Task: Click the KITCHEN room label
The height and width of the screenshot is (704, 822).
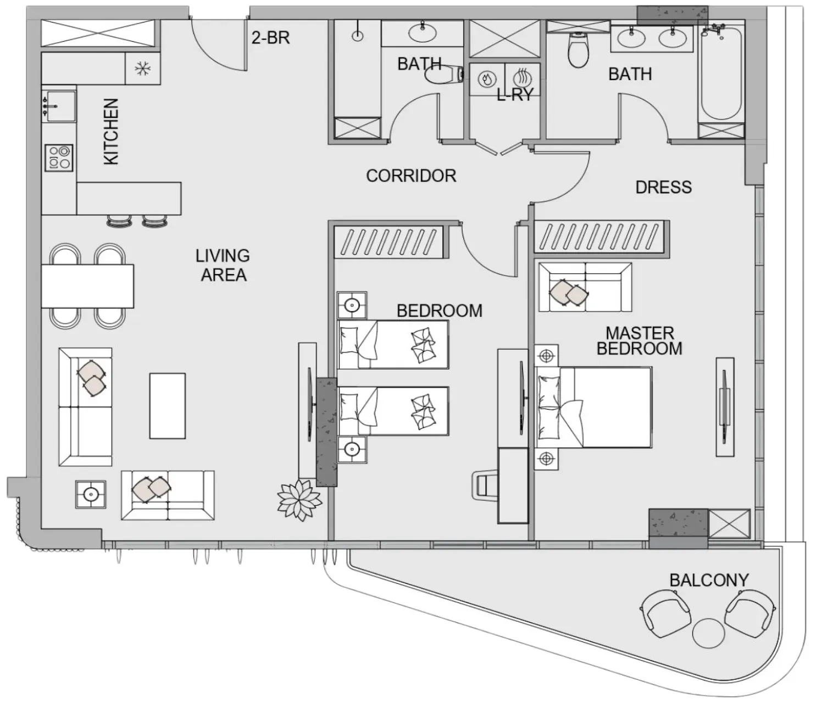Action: (x=111, y=132)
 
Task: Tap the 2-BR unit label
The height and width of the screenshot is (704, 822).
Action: (x=271, y=38)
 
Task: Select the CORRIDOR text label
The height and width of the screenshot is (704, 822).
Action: (x=411, y=176)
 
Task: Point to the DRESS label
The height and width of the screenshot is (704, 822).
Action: (x=663, y=187)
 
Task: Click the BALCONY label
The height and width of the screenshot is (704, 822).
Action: (x=709, y=580)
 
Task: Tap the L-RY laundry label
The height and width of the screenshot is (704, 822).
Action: (x=515, y=95)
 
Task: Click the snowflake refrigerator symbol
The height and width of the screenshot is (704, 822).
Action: (x=142, y=69)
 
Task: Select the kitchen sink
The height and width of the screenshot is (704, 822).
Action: (x=59, y=106)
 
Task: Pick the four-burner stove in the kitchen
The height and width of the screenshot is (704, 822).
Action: (x=59, y=158)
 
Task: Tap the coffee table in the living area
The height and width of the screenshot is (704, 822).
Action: (x=168, y=406)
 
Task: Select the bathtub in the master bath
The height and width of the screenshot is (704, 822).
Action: (x=721, y=74)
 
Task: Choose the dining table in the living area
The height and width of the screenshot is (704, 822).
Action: (x=87, y=286)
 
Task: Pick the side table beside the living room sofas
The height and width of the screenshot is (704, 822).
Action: (x=91, y=494)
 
